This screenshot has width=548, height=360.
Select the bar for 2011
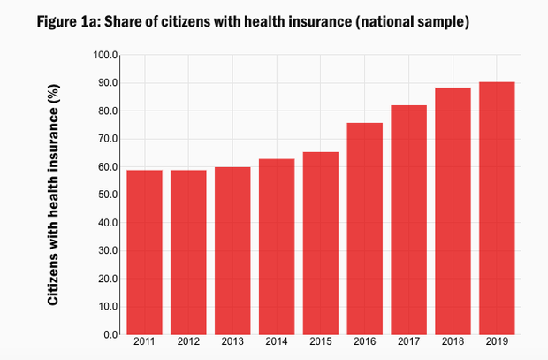click(x=144, y=252)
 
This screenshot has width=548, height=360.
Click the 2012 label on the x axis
click(x=188, y=341)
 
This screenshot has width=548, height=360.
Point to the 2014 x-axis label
click(x=277, y=341)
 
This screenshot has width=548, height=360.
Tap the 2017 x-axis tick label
click(x=409, y=341)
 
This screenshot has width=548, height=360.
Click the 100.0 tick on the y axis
click(x=106, y=55)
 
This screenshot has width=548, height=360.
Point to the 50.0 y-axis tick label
click(x=108, y=195)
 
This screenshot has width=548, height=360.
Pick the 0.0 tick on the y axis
click(x=111, y=334)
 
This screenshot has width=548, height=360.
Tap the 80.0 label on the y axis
click(x=108, y=111)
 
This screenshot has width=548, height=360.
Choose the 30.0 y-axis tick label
click(x=108, y=250)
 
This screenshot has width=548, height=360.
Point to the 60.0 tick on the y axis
click(x=108, y=166)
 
